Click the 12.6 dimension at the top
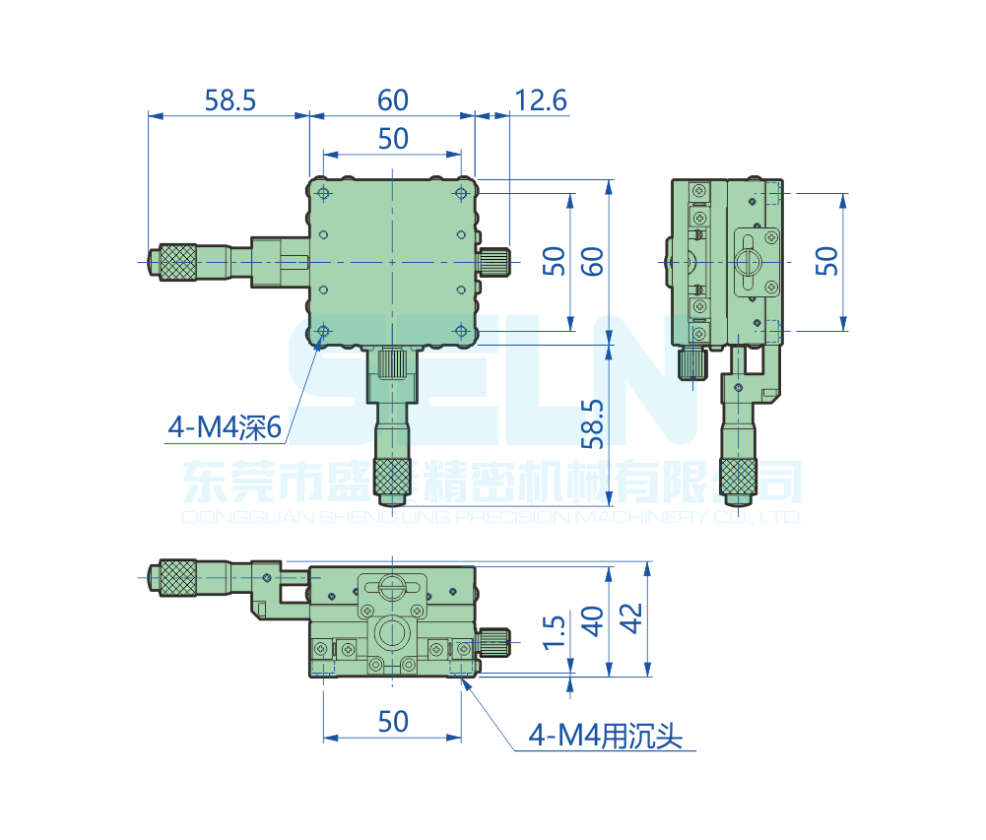point(541,100)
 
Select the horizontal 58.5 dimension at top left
point(230,100)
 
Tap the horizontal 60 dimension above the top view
point(392,100)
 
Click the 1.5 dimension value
point(555,634)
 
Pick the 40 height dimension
point(593,621)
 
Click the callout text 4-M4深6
point(226,427)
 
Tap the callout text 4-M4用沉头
point(605,736)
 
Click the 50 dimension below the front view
point(392,722)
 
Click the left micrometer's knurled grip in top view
point(178,262)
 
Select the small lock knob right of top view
point(495,262)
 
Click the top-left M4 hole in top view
point(323,194)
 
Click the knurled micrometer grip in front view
point(178,577)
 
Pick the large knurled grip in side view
point(737,477)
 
